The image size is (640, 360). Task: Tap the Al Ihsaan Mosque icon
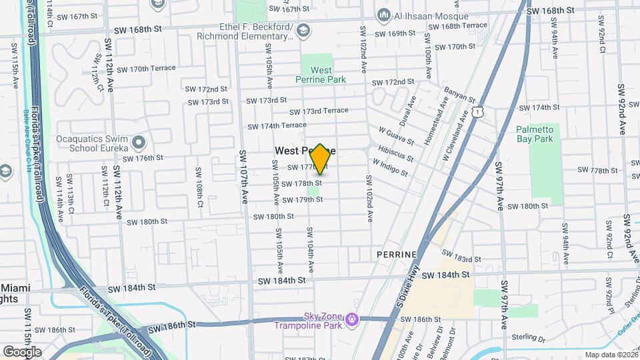pyautogui.click(x=383, y=15)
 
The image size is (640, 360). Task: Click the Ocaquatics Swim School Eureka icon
pyautogui.click(x=139, y=142)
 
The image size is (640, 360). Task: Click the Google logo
pyautogui.click(x=22, y=351)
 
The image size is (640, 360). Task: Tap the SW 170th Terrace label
pyautogui.click(x=143, y=68)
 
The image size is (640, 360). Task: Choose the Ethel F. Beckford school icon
pyautogui.click(x=303, y=29)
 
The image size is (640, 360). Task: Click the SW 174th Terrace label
pyautogui.click(x=277, y=125)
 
